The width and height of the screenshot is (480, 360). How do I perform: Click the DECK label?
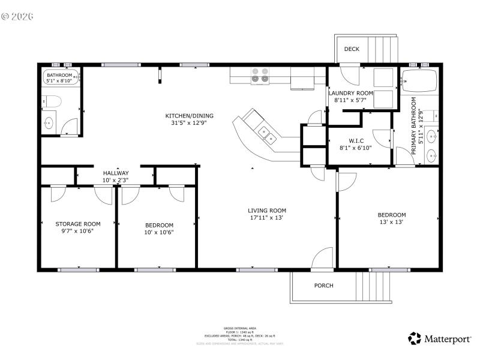click(x=352, y=49)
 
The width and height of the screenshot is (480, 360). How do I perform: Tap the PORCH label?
click(x=323, y=286)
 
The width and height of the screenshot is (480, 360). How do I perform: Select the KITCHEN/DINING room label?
click(x=189, y=116)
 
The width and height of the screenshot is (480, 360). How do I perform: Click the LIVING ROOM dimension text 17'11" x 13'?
click(x=267, y=218)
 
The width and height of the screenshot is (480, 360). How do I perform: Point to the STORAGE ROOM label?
click(x=70, y=224)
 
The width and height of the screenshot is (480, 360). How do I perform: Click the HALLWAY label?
click(x=115, y=173)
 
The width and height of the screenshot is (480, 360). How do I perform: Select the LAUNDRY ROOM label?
click(x=351, y=93)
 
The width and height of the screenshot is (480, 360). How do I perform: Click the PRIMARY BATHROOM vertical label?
click(x=414, y=128)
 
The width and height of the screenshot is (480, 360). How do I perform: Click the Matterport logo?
click(x=440, y=339)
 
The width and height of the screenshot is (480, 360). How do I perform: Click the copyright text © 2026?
click(x=17, y=16)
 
